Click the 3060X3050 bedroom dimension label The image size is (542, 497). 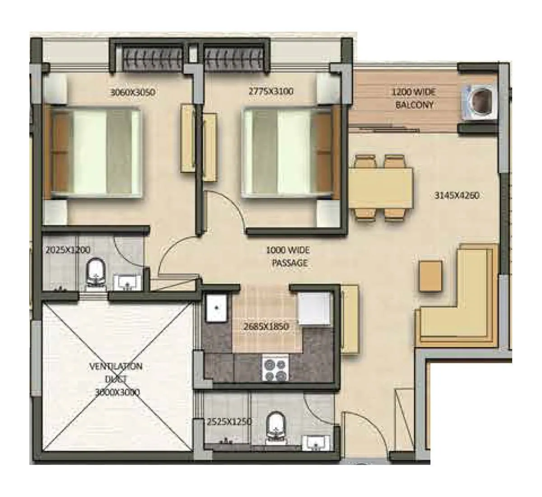coord(133,93)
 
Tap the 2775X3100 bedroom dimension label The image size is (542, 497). coord(271,92)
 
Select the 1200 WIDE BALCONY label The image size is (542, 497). coord(414,98)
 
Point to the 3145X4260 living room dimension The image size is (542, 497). coord(456,196)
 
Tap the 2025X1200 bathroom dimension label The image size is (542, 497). coord(68,250)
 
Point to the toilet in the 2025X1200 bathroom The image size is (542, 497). coord(95,273)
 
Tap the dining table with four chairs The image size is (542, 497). coord(380,188)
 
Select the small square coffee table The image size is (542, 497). coord(430,276)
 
